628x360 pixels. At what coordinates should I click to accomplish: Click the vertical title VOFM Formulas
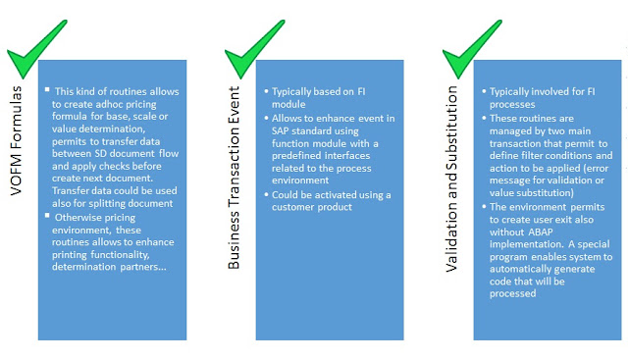pyautogui.click(x=16, y=140)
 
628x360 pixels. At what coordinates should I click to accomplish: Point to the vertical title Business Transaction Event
pyautogui.click(x=234, y=178)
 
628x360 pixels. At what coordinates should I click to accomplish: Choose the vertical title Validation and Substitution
pyautogui.click(x=451, y=179)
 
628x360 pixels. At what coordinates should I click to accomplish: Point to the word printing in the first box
pyautogui.click(x=70, y=255)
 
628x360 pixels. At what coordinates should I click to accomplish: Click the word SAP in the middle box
pyautogui.click(x=280, y=130)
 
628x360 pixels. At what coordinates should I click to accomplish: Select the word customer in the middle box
pyautogui.click(x=290, y=207)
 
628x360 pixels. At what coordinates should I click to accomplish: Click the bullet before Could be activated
pyautogui.click(x=266, y=194)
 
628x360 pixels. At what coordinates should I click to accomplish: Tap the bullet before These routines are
pyautogui.click(x=484, y=118)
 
